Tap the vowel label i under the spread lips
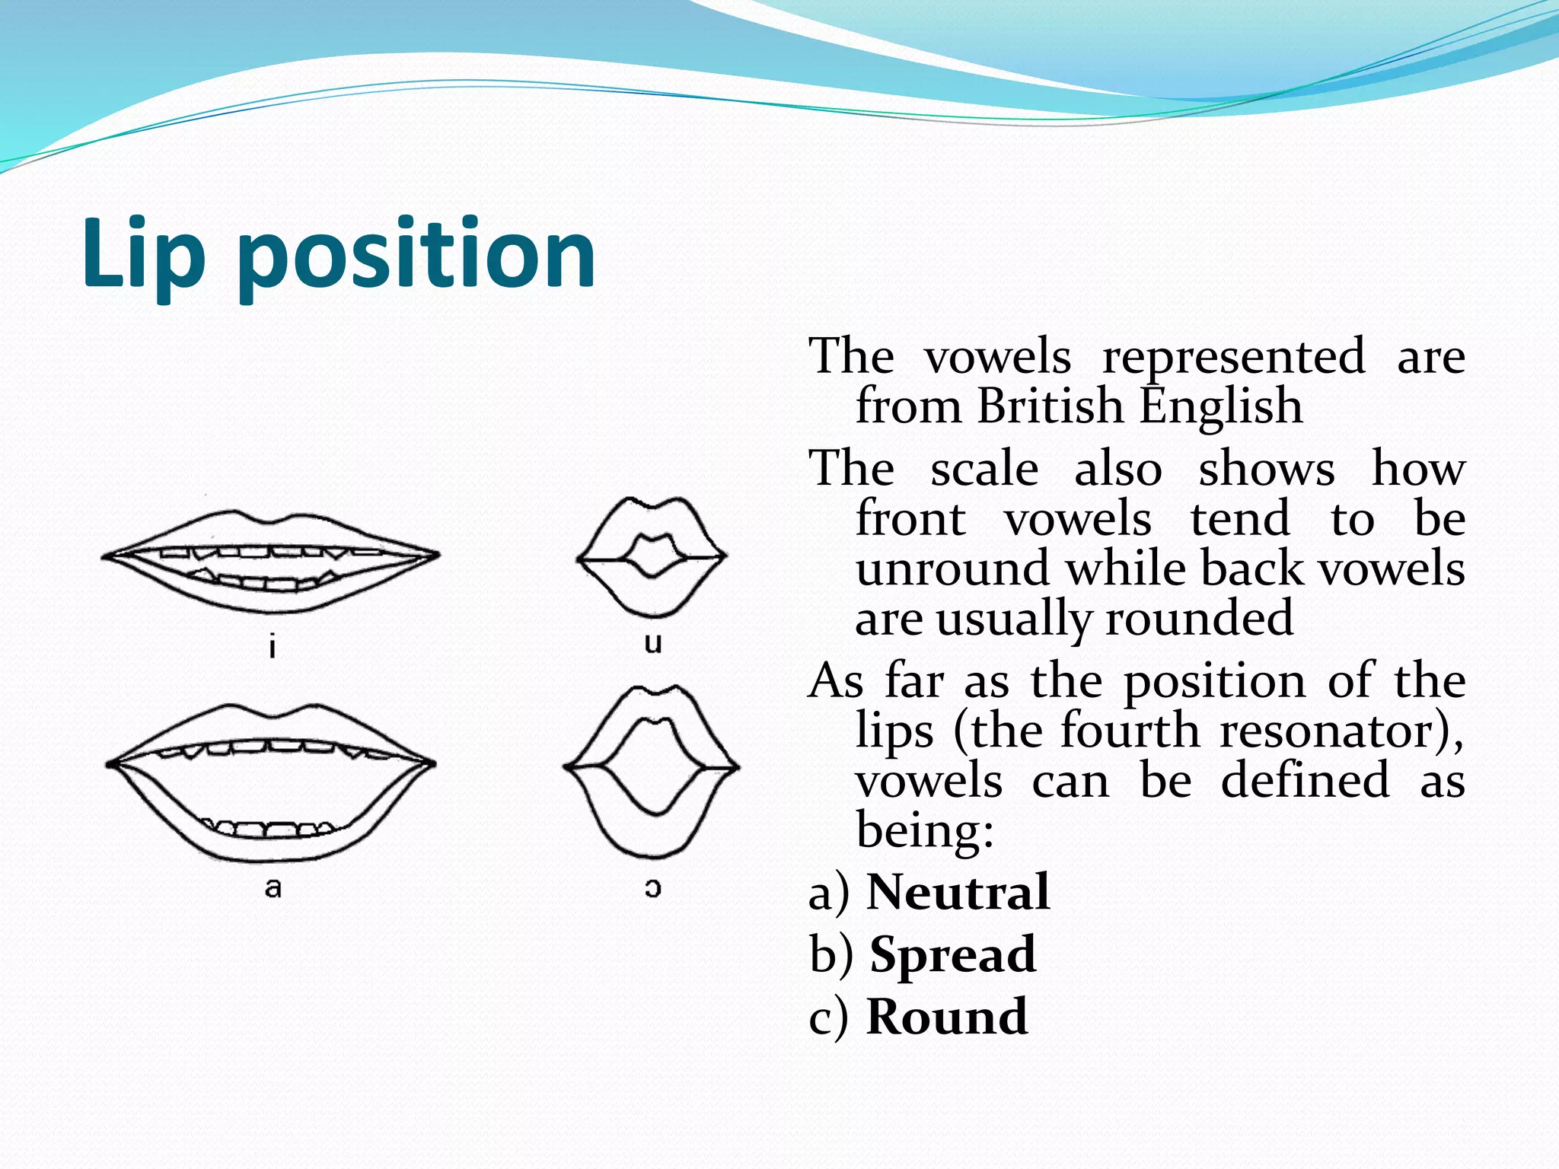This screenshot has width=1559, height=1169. click(273, 647)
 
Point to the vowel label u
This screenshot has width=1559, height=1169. click(652, 643)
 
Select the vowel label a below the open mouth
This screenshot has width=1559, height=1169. click(273, 887)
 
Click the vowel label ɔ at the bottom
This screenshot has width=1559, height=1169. click(652, 887)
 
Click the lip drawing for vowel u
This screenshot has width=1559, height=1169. click(652, 556)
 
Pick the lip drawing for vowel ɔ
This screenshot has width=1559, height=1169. click(652, 769)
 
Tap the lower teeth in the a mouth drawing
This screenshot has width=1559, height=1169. click(270, 829)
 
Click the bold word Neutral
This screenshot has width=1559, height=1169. click(958, 892)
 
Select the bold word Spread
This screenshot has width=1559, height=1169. click(953, 954)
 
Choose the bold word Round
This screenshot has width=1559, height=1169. click(947, 1017)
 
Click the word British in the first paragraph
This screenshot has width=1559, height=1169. click(1050, 406)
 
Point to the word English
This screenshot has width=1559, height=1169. click(1221, 406)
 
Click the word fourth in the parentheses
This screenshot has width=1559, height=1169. click(1130, 731)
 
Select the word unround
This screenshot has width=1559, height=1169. click(952, 569)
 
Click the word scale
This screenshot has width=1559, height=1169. click(984, 469)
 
